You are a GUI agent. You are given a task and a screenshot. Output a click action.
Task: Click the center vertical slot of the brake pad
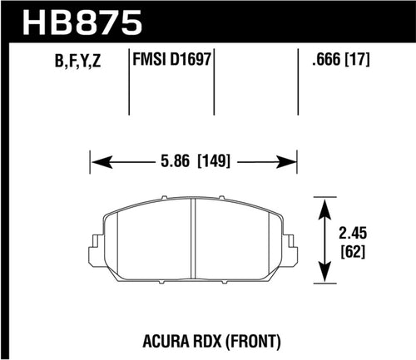(193, 242)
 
